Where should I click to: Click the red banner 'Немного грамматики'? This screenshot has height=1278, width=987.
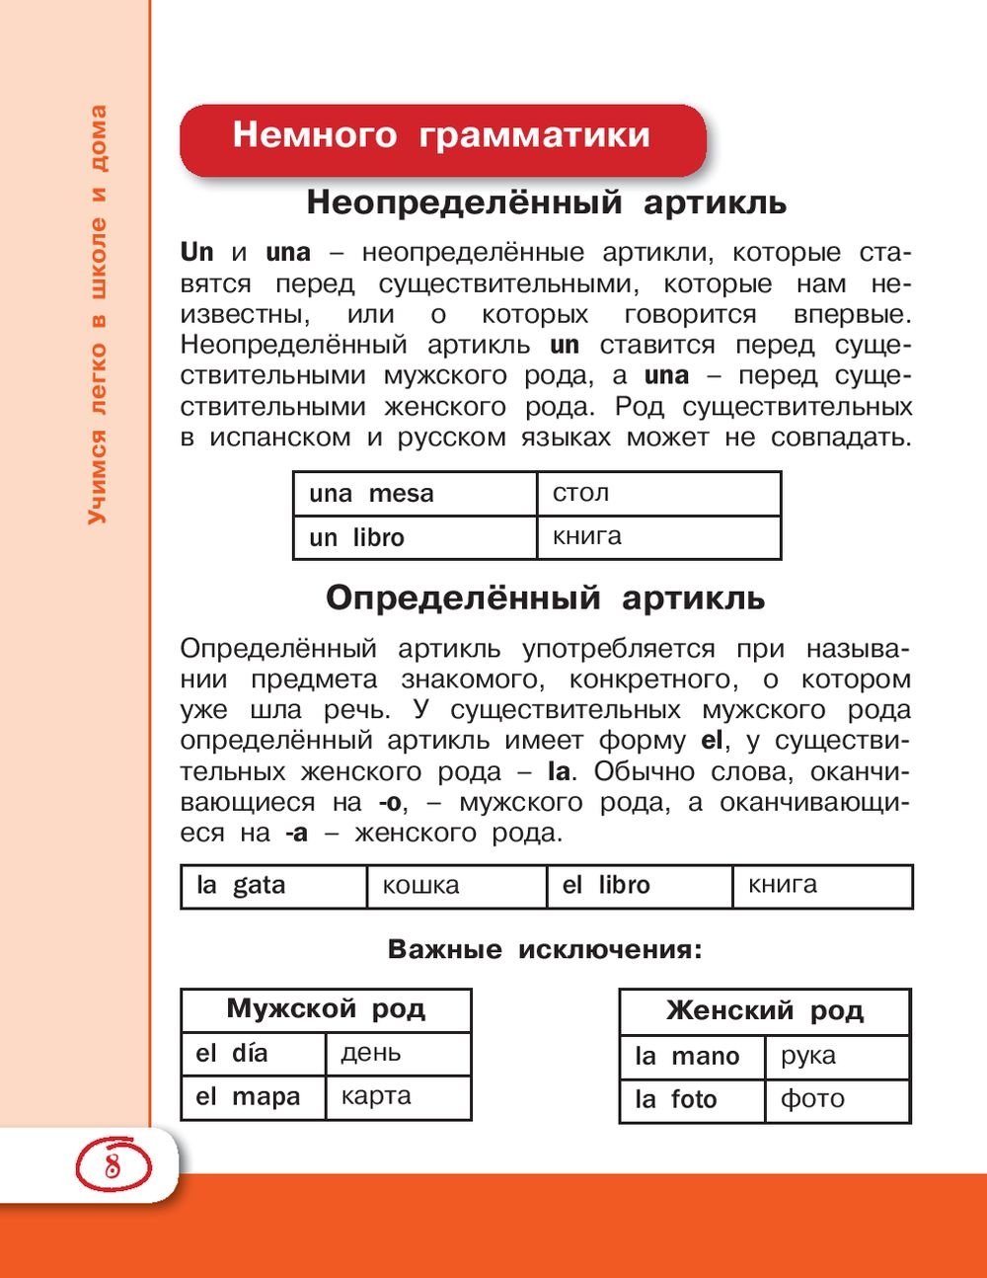pyautogui.click(x=442, y=136)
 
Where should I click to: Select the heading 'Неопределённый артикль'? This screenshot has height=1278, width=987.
pyautogui.click(x=546, y=202)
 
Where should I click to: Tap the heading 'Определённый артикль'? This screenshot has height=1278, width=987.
pyautogui.click(x=545, y=599)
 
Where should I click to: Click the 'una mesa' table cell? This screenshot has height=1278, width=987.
pyautogui.click(x=416, y=494)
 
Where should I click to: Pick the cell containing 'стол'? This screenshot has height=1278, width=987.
pyautogui.click(x=658, y=494)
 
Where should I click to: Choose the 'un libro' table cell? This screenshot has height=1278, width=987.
pyautogui.click(x=416, y=537)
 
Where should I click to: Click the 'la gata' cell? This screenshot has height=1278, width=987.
pyautogui.click(x=273, y=886)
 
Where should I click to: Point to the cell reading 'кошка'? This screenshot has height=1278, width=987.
pyautogui.click(x=456, y=886)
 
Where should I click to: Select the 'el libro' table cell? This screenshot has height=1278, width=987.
pyautogui.click(x=640, y=886)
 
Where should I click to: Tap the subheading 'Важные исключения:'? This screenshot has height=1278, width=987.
pyautogui.click(x=545, y=950)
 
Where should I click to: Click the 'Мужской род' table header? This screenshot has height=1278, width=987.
pyautogui.click(x=326, y=1009)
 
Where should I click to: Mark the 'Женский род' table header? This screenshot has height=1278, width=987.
pyautogui.click(x=765, y=1011)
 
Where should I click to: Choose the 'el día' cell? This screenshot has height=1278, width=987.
pyautogui.click(x=254, y=1054)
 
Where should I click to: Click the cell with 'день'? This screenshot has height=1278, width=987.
pyautogui.click(x=398, y=1054)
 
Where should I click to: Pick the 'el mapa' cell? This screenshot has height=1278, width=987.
pyautogui.click(x=254, y=1097)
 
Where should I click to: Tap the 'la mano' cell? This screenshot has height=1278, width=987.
pyautogui.click(x=693, y=1057)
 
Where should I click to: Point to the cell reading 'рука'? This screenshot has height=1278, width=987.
pyautogui.click(x=837, y=1057)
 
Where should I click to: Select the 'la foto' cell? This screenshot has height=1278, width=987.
pyautogui.click(x=693, y=1100)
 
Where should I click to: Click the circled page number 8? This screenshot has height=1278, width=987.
pyautogui.click(x=112, y=1164)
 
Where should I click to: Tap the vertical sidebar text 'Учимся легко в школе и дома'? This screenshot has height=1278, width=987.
pyautogui.click(x=97, y=316)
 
